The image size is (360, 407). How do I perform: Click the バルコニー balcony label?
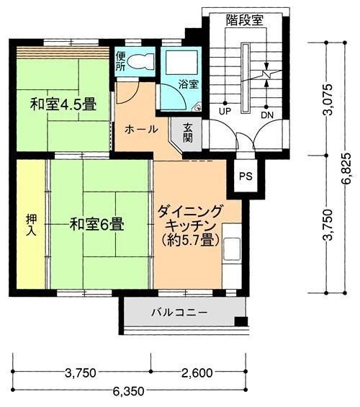tap(179, 313)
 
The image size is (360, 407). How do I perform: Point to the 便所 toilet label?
tap(120, 62)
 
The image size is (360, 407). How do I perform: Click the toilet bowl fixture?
tap(143, 61)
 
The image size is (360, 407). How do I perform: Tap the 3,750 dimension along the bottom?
tap(80, 372)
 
